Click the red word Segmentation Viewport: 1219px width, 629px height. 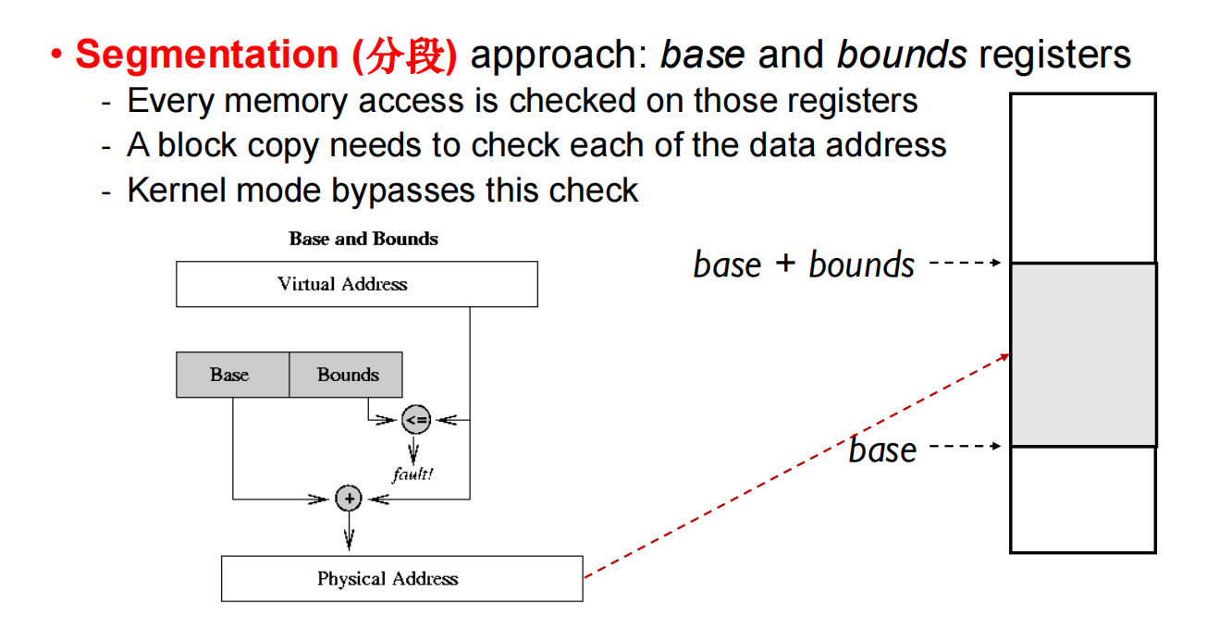pyautogui.click(x=206, y=55)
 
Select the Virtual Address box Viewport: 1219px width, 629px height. pyautogui.click(x=356, y=284)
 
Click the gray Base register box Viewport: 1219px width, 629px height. pyautogui.click(x=231, y=375)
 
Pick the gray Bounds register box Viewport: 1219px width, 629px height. pyautogui.click(x=347, y=375)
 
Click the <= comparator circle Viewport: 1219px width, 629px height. pyautogui.click(x=416, y=420)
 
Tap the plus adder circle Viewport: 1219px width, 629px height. pyautogui.click(x=349, y=499)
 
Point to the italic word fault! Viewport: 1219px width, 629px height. pyautogui.click(x=412, y=475)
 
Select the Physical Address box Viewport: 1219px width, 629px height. pyautogui.click(x=401, y=579)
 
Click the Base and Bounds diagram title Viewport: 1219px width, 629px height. pyautogui.click(x=363, y=239)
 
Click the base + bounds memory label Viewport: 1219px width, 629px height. pyautogui.click(x=803, y=265)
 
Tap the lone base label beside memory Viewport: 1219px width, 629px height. pyautogui.click(x=882, y=450)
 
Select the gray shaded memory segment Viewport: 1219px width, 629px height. pyautogui.click(x=1082, y=355)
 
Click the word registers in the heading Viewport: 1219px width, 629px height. pyautogui.click(x=1054, y=55)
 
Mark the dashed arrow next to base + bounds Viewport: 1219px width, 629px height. pyautogui.click(x=964, y=263)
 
